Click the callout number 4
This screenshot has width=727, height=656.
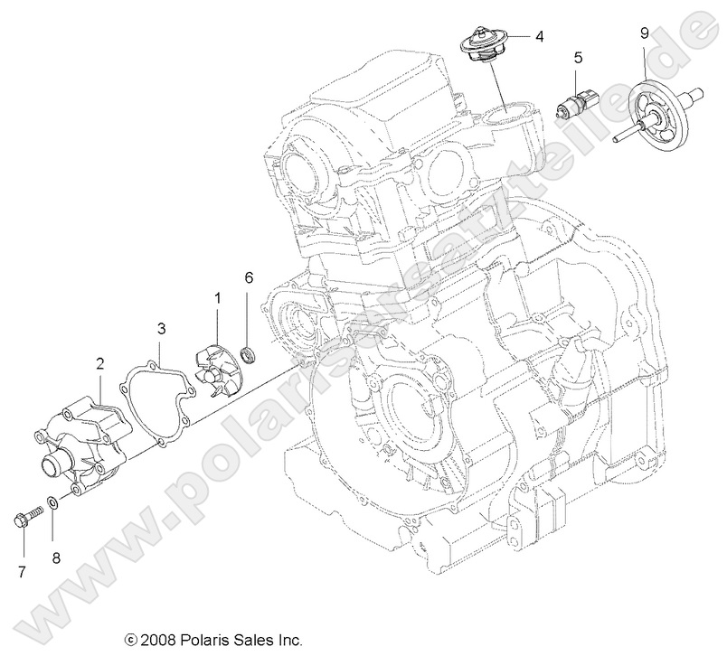tap(539, 37)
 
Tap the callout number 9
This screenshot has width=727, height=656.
tap(644, 33)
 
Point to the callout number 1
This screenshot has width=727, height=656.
tap(217, 297)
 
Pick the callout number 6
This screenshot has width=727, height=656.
tap(249, 279)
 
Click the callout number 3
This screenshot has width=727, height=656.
tap(160, 328)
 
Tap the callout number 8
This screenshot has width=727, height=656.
tap(56, 558)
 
